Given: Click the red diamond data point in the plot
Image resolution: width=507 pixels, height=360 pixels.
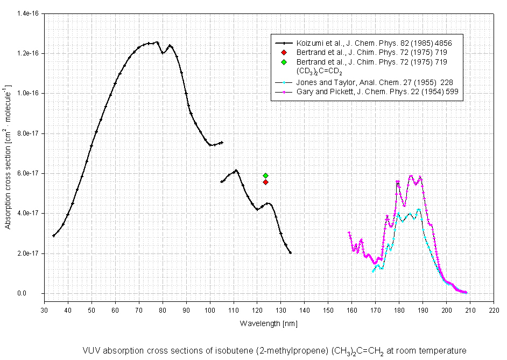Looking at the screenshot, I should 265,182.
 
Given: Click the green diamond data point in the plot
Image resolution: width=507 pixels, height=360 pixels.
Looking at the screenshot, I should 265,175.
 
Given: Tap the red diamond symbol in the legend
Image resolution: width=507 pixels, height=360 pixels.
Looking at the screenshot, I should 284,52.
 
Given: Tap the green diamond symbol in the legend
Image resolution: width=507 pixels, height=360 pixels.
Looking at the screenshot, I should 284,62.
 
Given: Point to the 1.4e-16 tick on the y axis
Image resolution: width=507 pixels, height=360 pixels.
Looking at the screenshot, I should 27,13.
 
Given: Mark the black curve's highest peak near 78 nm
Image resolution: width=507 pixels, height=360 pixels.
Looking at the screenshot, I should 157,42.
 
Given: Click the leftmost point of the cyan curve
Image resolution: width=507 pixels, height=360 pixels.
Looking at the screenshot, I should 372,271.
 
